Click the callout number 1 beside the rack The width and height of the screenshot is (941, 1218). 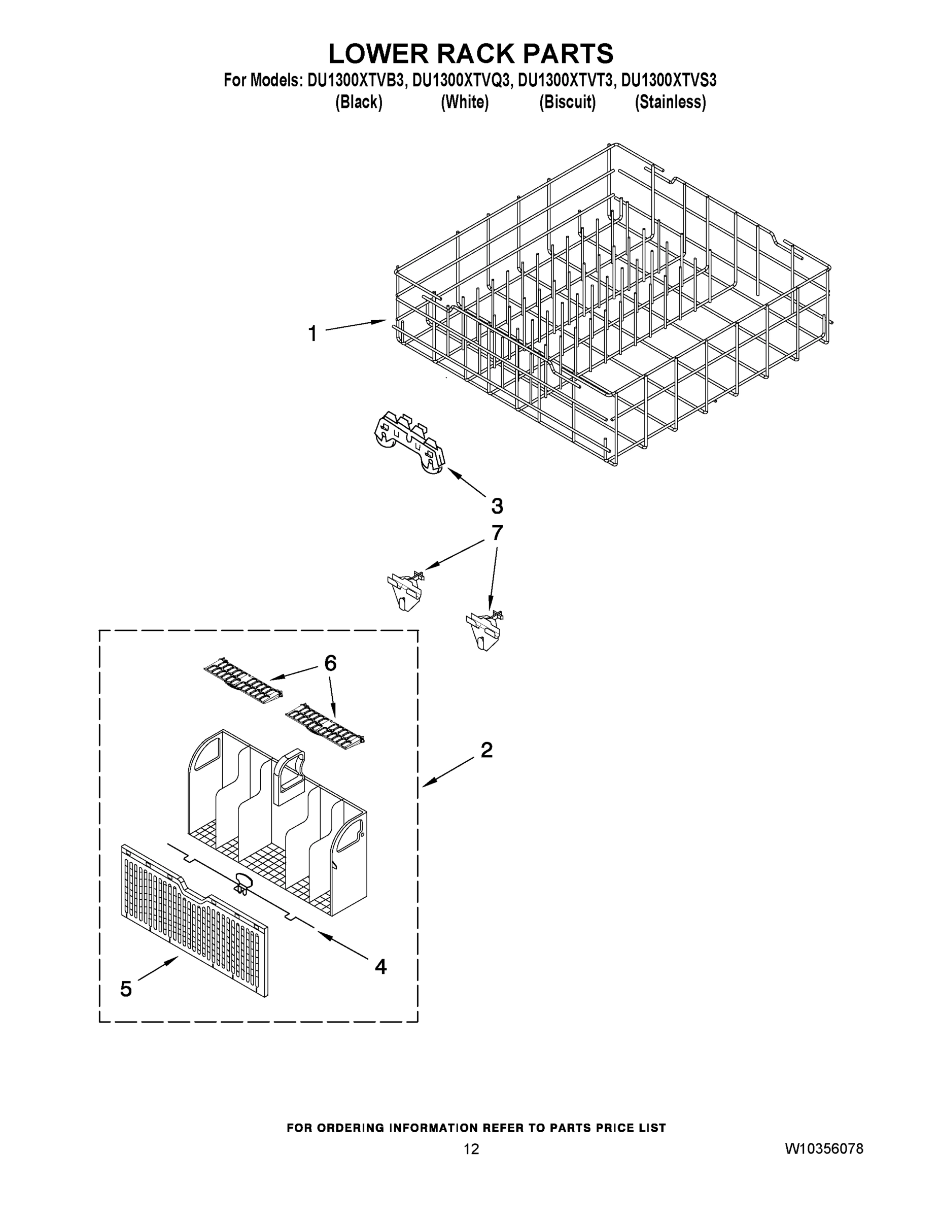pos(313,334)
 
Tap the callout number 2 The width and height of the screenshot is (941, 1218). pos(486,750)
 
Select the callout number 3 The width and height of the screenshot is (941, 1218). pos(497,506)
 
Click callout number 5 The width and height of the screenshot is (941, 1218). pos(126,989)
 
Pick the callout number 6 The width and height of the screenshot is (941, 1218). pos(330,663)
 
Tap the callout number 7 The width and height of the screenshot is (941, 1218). pos(497,532)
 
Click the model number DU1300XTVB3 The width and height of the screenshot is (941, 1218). pos(355,81)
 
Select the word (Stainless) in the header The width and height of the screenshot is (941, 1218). pos(670,103)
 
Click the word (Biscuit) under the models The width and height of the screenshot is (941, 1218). pos(567,103)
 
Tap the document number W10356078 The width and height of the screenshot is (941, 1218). pos(824,1149)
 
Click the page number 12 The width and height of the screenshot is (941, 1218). pos(471,1149)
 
